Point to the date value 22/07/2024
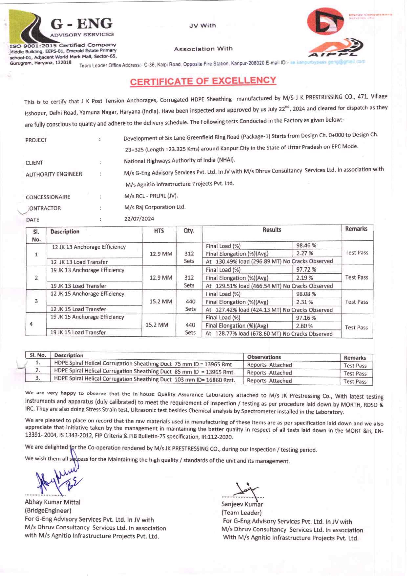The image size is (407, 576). [x=139, y=219]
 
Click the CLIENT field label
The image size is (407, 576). [x=34, y=163]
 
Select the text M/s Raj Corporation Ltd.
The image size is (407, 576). [x=155, y=207]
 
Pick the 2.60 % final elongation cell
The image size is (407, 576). [x=304, y=326]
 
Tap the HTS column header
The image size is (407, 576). [x=159, y=231]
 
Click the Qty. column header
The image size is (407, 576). [x=189, y=231]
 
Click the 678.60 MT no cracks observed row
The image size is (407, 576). [x=269, y=334]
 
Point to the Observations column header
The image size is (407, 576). [x=264, y=357]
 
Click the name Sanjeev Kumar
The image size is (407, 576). [x=242, y=504]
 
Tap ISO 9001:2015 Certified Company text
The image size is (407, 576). [x=63, y=45]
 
